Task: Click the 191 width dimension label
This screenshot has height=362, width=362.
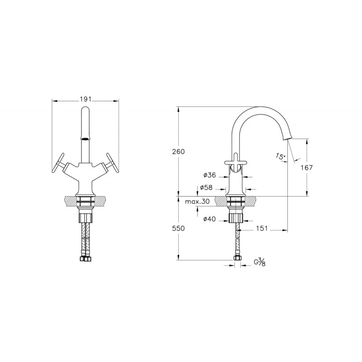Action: pos(86,100)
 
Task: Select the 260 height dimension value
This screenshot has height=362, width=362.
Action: pos(178,152)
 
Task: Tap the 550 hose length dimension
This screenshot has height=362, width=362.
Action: pos(178,229)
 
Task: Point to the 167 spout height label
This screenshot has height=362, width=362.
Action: pos(306,167)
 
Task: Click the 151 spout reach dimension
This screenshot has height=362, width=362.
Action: pos(262,229)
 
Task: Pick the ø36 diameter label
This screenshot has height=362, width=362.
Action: pos(210,175)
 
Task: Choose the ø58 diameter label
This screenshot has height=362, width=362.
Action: pos(206,187)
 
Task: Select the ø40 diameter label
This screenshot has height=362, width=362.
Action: pos(210,219)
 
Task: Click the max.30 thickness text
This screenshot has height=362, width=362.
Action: pos(197,201)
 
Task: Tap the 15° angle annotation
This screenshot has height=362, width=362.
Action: pos(280,157)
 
